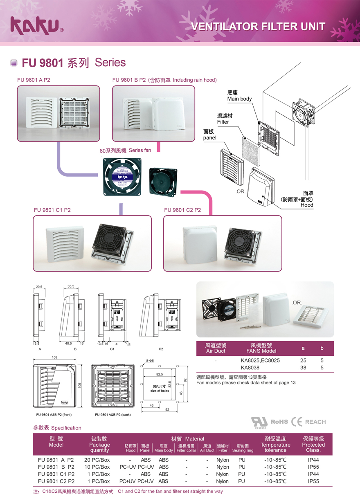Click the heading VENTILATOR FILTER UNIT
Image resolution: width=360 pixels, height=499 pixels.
259,27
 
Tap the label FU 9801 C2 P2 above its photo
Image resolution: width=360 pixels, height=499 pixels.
182,210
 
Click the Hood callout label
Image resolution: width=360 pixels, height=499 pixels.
307,205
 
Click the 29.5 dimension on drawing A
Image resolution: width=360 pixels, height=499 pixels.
39,287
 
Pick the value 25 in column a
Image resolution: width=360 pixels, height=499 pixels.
303,361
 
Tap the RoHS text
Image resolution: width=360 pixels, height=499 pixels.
279,422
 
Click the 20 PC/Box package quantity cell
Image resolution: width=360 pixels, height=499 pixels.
97,460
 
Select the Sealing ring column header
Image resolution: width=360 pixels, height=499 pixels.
243,450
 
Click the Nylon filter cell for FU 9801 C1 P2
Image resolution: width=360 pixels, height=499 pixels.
223,474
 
